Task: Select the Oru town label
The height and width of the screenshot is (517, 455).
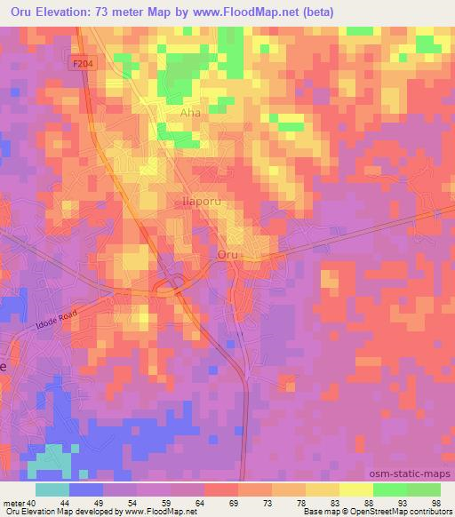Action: click(227, 254)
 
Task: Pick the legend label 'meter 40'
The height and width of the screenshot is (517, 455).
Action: click(20, 502)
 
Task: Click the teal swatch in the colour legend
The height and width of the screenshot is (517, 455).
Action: click(52, 489)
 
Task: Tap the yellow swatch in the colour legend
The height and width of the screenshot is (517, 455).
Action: click(355, 489)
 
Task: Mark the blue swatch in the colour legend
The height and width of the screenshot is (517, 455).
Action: click(86, 489)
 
